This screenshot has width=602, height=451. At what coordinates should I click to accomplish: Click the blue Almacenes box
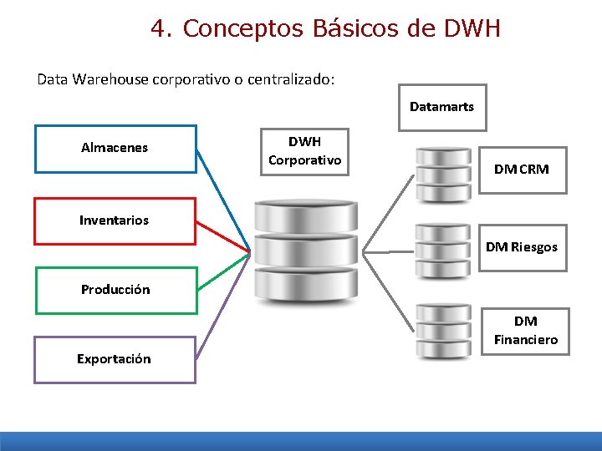click(x=115, y=148)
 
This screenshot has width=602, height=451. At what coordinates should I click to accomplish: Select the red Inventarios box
click(x=115, y=220)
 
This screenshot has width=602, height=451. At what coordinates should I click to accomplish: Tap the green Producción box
click(x=115, y=290)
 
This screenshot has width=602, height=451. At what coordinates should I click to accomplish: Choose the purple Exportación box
click(x=115, y=359)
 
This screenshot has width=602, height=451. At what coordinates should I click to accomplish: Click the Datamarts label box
click(x=441, y=107)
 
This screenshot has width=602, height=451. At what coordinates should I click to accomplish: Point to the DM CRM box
click(x=522, y=170)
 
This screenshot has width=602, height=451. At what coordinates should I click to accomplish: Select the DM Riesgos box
click(x=522, y=247)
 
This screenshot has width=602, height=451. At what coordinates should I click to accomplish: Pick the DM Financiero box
click(x=525, y=331)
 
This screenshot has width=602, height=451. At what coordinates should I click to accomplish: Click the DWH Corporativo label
click(x=304, y=151)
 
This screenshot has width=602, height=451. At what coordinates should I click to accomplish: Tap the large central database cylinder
click(x=305, y=250)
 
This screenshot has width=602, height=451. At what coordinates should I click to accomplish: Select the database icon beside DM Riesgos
click(x=443, y=251)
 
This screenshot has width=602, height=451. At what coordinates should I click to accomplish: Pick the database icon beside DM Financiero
click(x=443, y=329)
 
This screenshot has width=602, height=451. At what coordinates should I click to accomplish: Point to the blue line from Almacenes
click(x=223, y=200)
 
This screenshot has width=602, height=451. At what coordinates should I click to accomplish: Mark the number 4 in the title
click(x=158, y=28)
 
